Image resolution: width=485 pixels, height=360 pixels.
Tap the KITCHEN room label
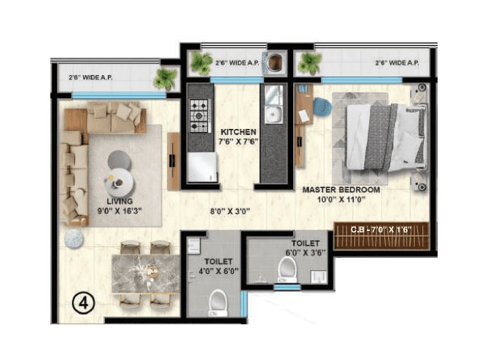238,133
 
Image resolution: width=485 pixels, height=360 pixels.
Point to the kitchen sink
273,114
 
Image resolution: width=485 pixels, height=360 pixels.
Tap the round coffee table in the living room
118,177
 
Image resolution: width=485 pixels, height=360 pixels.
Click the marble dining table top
146,273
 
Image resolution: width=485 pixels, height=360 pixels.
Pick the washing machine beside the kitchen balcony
275,63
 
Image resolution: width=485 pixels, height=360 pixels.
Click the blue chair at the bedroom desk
322,107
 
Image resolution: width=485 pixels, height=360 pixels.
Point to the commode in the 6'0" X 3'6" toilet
287,272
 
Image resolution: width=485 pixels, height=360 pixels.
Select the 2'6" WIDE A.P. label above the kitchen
237,63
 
